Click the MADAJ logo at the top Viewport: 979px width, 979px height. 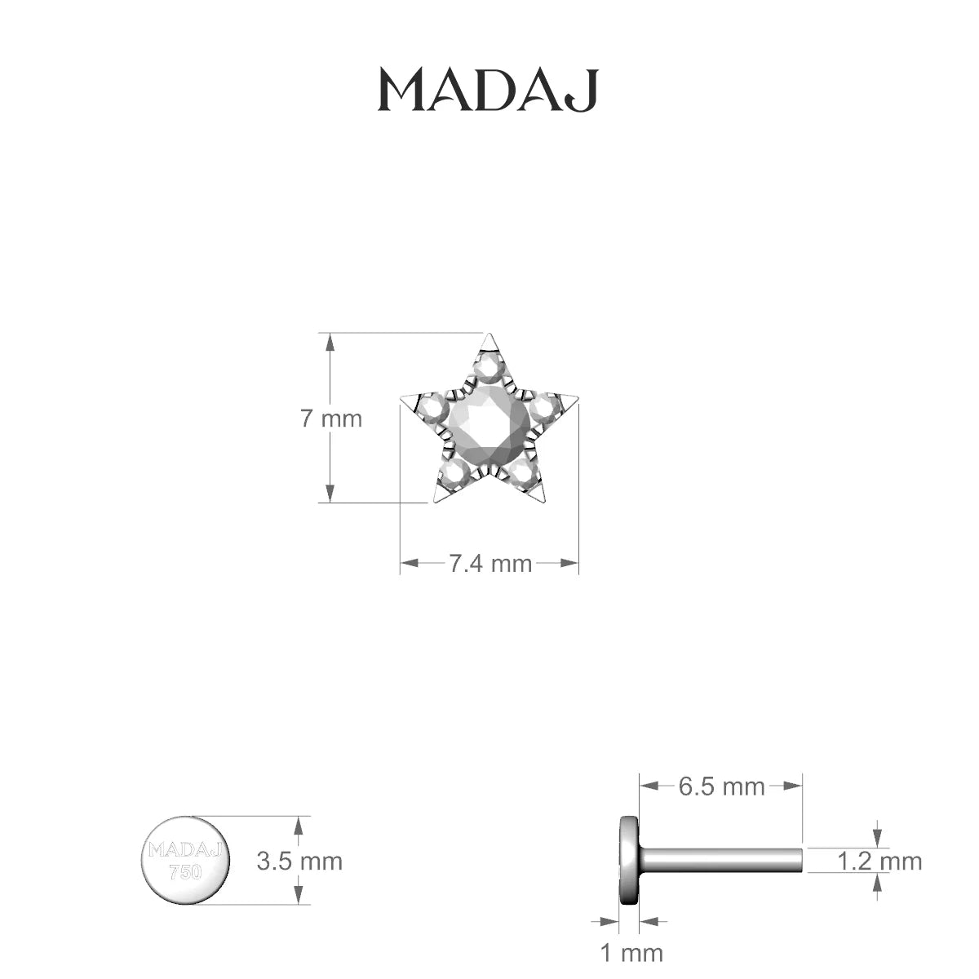(x=488, y=91)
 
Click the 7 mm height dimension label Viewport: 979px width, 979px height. (x=331, y=419)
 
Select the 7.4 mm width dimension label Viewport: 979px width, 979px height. (x=490, y=564)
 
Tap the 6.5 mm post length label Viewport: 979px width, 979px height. (x=721, y=787)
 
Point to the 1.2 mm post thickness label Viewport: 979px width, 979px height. (x=879, y=862)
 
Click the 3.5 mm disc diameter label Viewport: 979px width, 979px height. (x=299, y=862)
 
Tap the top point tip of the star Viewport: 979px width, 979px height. (x=488, y=334)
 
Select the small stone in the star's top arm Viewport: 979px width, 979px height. (x=489, y=367)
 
